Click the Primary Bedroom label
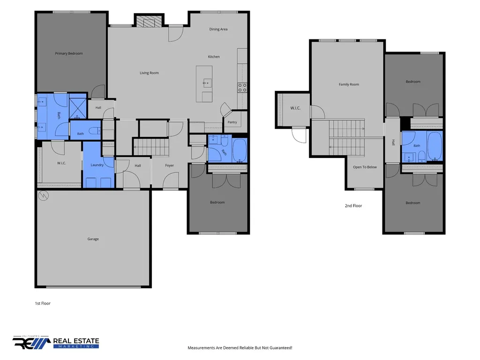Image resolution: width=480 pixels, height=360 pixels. click(69, 53)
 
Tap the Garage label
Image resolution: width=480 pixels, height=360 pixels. click(93, 239)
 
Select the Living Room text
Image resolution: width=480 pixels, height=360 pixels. click(149, 73)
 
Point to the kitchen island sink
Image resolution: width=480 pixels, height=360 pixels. click(207, 83)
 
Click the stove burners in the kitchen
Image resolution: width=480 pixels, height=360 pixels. click(242, 88)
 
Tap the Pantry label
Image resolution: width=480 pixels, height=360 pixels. click(232, 122)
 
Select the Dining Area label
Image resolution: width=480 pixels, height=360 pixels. click(218, 30)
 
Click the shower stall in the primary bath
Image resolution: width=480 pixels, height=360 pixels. click(77, 106)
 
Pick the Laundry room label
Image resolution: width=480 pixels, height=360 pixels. click(97, 165)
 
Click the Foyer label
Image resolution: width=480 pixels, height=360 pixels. click(170, 165)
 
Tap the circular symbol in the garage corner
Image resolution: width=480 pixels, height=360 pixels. click(44, 195)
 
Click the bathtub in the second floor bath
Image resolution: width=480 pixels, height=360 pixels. click(435, 146)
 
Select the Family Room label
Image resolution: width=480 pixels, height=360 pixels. click(349, 84)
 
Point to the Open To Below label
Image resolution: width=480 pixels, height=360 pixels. click(365, 167)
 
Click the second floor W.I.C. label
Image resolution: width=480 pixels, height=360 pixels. click(295, 108)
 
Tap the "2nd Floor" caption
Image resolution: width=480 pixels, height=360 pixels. click(353, 206)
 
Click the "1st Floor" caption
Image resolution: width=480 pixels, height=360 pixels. click(43, 303)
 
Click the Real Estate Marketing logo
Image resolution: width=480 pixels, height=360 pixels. click(56, 342)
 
